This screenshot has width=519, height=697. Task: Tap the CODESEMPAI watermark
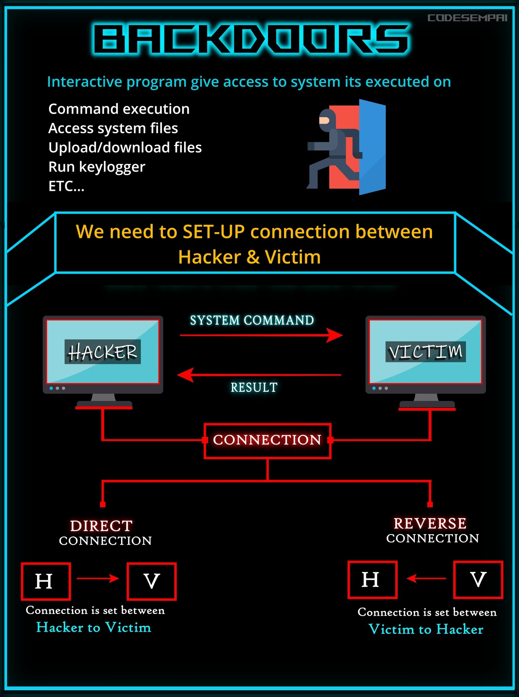point(467,18)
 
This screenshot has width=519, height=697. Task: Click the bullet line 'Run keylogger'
point(97,167)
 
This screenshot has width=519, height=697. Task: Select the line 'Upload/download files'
point(125,148)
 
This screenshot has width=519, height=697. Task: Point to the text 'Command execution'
point(119,109)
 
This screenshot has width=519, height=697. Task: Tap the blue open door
point(372,147)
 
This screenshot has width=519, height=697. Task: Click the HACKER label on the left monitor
point(102,352)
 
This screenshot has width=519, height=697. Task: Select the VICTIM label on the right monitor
point(425,352)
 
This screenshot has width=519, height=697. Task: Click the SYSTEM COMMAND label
point(252,320)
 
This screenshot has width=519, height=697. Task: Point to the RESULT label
point(254,387)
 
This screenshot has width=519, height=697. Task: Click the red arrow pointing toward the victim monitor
point(261,335)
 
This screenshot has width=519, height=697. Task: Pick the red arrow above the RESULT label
point(259,375)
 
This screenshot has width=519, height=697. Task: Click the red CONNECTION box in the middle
point(267,440)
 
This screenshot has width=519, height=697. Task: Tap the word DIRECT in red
point(101,526)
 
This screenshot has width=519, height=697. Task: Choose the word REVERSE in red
point(430,523)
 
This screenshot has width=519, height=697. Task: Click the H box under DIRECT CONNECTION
point(46,581)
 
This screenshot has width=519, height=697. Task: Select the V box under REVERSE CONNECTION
point(478,580)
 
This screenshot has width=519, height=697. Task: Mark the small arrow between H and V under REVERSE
point(426,578)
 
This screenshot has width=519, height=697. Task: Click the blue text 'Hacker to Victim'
point(94,627)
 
